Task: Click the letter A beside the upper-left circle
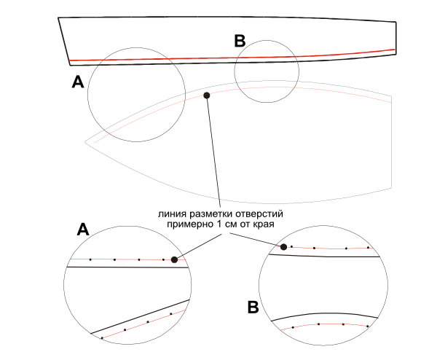click(78, 84)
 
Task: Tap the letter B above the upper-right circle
click(240, 42)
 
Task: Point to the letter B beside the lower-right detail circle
click(253, 308)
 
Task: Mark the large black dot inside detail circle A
click(174, 259)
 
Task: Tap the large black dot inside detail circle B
click(283, 247)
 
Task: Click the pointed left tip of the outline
click(85, 140)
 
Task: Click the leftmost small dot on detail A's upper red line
click(90, 259)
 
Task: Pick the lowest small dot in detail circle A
click(102, 338)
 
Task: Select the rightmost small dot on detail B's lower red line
click(368, 326)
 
